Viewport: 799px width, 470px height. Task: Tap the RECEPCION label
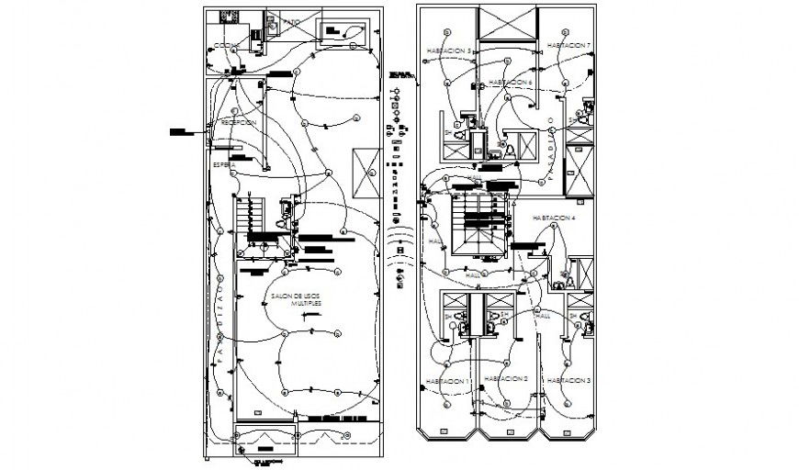tap(239, 122)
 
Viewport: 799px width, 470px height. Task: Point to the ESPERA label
tap(223, 164)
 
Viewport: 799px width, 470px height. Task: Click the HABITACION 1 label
tap(447, 380)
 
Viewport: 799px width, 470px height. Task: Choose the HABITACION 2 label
tap(505, 378)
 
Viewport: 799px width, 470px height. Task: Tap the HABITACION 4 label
tap(554, 218)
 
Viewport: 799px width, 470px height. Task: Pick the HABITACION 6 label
tap(511, 82)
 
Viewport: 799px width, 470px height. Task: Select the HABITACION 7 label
tap(569, 45)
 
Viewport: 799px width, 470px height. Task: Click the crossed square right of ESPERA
tap(370, 172)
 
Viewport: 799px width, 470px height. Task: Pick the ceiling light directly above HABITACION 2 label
tap(506, 359)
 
